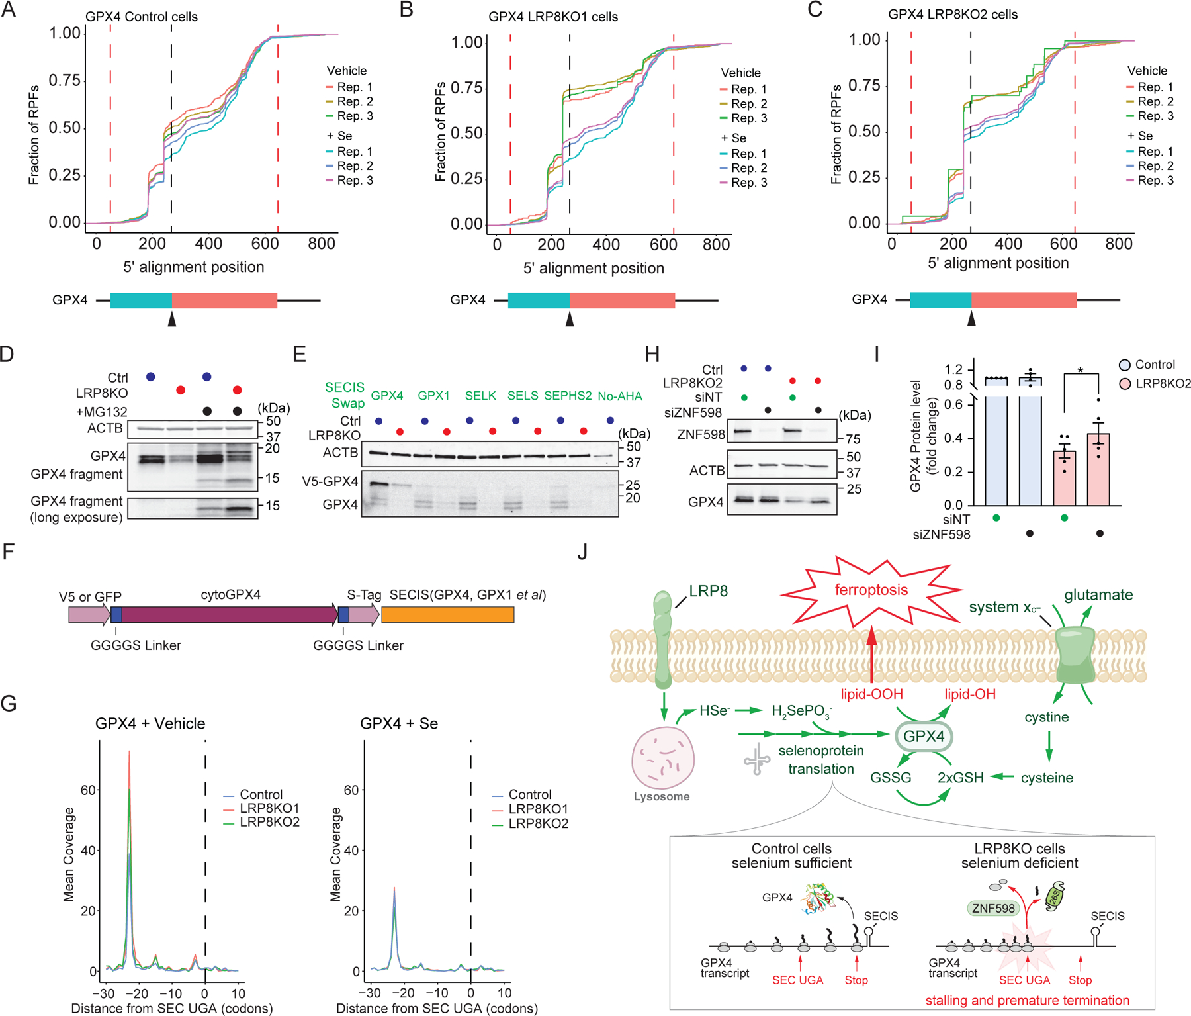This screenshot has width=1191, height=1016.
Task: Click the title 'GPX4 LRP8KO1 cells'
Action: [x=553, y=17]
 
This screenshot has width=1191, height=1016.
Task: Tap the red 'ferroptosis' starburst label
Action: [x=871, y=590]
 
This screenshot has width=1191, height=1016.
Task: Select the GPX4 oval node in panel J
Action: [x=924, y=737]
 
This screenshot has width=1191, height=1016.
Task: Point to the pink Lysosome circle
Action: [x=662, y=759]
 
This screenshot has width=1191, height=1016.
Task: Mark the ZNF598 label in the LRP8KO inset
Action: [x=992, y=908]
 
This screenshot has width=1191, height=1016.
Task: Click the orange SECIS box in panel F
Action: [x=447, y=615]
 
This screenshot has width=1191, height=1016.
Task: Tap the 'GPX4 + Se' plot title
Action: [x=399, y=723]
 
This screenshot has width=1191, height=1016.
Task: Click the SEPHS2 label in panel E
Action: [x=568, y=396]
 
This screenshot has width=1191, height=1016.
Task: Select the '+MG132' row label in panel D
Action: [x=102, y=412]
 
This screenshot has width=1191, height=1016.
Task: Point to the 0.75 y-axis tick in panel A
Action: [x=65, y=81]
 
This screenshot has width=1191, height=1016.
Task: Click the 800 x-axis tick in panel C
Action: [x=1118, y=244]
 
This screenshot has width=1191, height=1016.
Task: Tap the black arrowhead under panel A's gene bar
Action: [x=172, y=319]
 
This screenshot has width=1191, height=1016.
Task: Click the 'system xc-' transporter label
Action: [x=1004, y=607]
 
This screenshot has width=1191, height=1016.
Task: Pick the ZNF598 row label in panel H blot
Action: [x=701, y=434]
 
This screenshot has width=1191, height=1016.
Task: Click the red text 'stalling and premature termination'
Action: [x=1027, y=1000]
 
